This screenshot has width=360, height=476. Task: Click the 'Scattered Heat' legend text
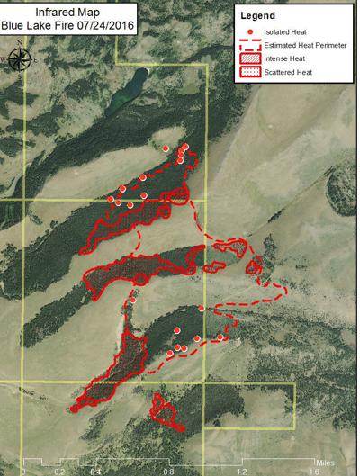[x=284, y=71]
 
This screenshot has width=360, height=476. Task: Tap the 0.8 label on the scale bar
[x=167, y=470]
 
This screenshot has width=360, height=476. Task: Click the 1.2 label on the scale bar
[x=241, y=470]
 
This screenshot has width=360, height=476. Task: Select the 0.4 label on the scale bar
[x=94, y=470]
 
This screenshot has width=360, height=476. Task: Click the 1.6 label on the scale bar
[x=313, y=470]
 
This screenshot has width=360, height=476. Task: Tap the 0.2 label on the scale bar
[x=59, y=470]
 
